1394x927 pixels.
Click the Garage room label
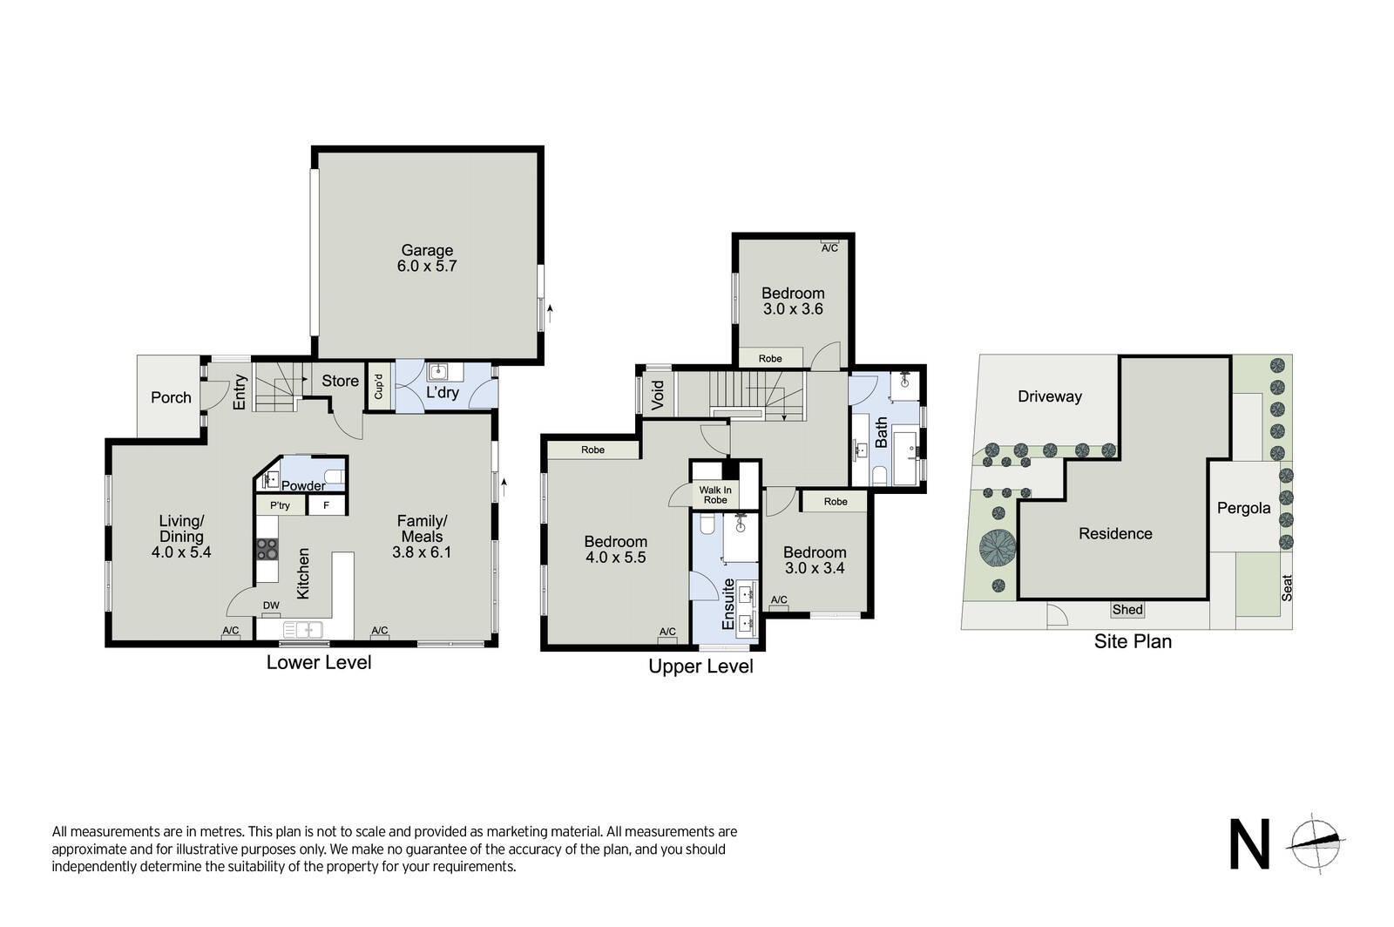tap(427, 250)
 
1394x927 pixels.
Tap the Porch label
tap(171, 397)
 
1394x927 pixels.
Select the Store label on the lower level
tap(340, 381)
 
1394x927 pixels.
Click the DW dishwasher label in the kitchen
tap(271, 606)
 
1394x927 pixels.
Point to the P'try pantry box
tap(281, 505)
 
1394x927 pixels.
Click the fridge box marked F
tap(326, 505)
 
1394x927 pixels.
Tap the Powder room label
tap(303, 486)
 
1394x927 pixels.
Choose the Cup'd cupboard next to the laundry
tap(378, 386)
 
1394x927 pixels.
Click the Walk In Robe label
tap(715, 495)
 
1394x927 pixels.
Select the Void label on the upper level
tap(658, 395)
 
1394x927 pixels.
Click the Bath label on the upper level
tap(881, 432)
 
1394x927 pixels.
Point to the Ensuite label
tap(728, 604)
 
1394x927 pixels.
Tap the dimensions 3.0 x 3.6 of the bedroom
tap(794, 309)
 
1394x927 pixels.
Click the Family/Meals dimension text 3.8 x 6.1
tap(422, 551)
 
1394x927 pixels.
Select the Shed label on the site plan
tap(1127, 610)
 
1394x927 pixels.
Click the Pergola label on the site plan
tap(1244, 509)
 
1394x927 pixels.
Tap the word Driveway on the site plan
tap(1050, 397)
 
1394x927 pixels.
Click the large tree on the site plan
tap(998, 547)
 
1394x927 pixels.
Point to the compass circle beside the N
tap(1316, 843)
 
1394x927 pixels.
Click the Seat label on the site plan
tap(1287, 587)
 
